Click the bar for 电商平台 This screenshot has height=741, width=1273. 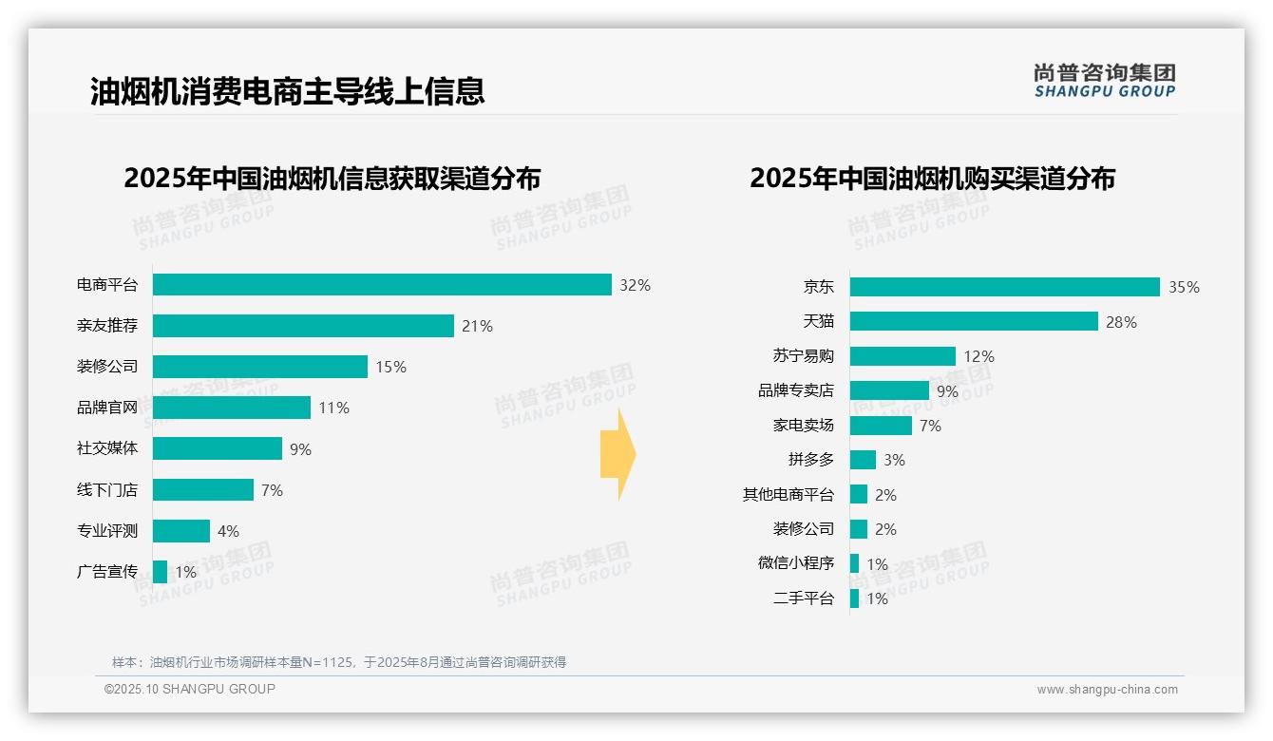(x=382, y=285)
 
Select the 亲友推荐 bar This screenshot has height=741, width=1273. (x=303, y=326)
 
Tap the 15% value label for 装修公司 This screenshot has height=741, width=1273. (x=390, y=367)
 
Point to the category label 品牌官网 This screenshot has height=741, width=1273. (x=107, y=408)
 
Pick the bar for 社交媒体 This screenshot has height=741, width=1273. (x=218, y=448)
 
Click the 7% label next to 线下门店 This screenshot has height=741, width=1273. (x=272, y=490)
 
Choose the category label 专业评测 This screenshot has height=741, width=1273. (x=107, y=531)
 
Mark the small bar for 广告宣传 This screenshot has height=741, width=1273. (x=160, y=572)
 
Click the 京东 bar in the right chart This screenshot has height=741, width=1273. (x=1004, y=287)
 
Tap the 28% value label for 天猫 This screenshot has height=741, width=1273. (x=1121, y=322)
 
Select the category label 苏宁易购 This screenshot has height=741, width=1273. (x=804, y=356)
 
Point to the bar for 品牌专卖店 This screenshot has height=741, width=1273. (x=889, y=390)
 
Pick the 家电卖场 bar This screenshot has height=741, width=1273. (x=881, y=426)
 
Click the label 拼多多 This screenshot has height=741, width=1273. (x=811, y=460)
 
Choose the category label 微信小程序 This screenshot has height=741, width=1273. (x=796, y=563)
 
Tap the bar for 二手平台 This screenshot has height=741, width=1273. (x=855, y=598)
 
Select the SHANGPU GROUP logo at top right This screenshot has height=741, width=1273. (x=1105, y=81)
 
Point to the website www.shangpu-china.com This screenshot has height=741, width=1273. (x=1107, y=690)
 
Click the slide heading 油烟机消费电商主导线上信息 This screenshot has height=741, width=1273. (x=288, y=90)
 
